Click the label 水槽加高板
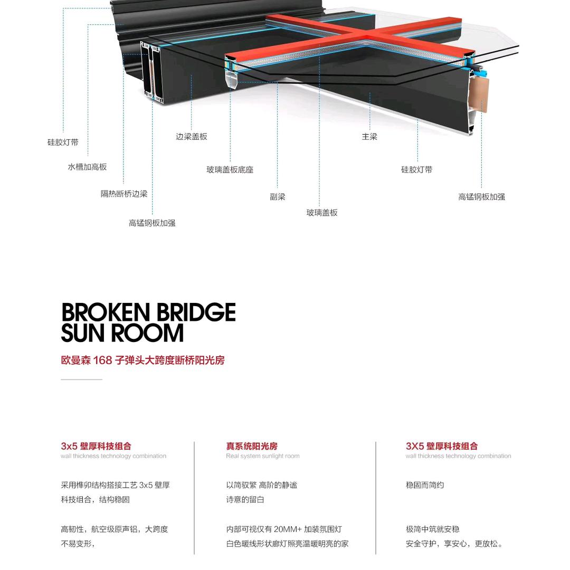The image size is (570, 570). pyautogui.click(x=87, y=167)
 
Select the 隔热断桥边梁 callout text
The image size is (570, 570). pyautogui.click(x=124, y=194)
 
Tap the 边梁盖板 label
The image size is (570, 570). pyautogui.click(x=192, y=137)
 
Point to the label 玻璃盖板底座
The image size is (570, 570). pyautogui.click(x=230, y=170)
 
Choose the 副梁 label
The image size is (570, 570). pyautogui.click(x=278, y=197)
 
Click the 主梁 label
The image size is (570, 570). pyautogui.click(x=369, y=137)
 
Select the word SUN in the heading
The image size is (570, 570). pyautogui.click(x=82, y=334)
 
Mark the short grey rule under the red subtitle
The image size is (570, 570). pyautogui.click(x=81, y=379)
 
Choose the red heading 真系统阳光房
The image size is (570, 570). pyautogui.click(x=252, y=446)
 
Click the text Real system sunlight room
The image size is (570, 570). pyautogui.click(x=262, y=456)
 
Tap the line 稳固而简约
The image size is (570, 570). pyautogui.click(x=425, y=485)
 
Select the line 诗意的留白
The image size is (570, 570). pyautogui.click(x=245, y=499)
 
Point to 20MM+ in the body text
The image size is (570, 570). pyautogui.click(x=287, y=529)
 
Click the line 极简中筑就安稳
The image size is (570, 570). pyautogui.click(x=432, y=529)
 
